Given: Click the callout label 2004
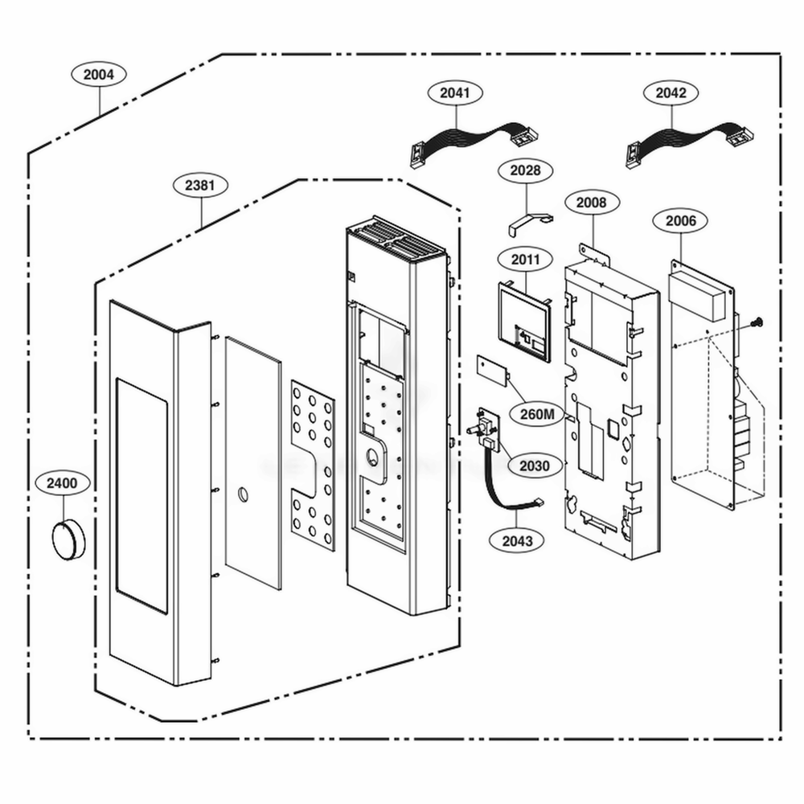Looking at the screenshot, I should pos(99,75).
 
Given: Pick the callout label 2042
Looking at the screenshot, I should pos(671,93).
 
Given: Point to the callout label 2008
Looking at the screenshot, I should pos(591,203).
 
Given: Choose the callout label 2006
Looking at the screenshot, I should pos(680,220).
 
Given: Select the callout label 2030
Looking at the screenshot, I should pos(535,466).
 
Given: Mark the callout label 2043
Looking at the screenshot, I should pos(516,541).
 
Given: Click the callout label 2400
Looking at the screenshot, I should pos(62,484).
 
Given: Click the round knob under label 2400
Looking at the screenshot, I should pos(67,538).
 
